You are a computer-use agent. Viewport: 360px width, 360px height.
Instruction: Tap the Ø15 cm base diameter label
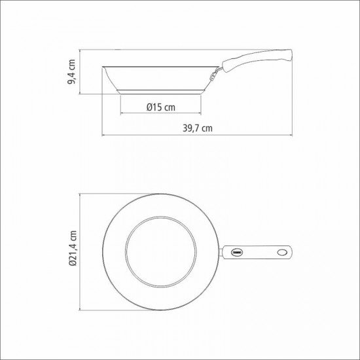click(x=160, y=107)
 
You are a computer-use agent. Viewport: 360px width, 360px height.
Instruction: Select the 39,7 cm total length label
click(x=197, y=128)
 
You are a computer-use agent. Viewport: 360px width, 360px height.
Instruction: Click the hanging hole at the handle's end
click(x=283, y=251)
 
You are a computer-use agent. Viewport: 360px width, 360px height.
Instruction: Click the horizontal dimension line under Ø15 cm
click(x=160, y=115)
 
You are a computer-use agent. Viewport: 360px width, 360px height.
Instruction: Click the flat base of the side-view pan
click(x=160, y=93)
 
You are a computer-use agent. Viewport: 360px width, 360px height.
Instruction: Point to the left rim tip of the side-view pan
click(x=103, y=66)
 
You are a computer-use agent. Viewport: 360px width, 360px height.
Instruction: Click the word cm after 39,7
click(x=207, y=128)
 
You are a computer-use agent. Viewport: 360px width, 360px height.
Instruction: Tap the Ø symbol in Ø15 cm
click(x=150, y=107)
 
